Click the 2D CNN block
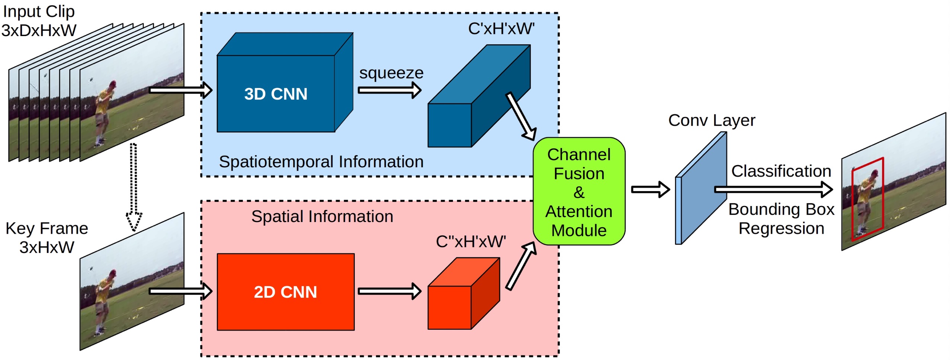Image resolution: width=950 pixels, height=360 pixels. (285, 292)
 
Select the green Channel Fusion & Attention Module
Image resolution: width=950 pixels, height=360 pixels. (579, 192)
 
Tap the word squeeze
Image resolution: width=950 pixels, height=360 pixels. (391, 73)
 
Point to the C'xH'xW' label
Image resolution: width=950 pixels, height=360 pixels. (501, 29)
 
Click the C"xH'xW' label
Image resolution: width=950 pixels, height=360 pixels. (471, 242)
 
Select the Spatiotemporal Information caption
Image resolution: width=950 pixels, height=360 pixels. (321, 162)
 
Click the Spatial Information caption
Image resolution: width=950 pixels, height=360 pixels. (322, 216)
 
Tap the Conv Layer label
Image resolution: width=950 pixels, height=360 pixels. (712, 120)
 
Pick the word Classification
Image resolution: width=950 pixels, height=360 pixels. (781, 171)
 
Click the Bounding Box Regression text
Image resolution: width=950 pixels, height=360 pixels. (781, 219)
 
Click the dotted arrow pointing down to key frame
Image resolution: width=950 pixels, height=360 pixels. (134, 186)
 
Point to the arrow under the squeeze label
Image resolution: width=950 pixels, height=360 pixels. (389, 90)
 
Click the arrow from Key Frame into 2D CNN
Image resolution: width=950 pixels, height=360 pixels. (180, 291)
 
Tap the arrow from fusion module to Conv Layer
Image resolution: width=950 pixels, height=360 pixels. (650, 190)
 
